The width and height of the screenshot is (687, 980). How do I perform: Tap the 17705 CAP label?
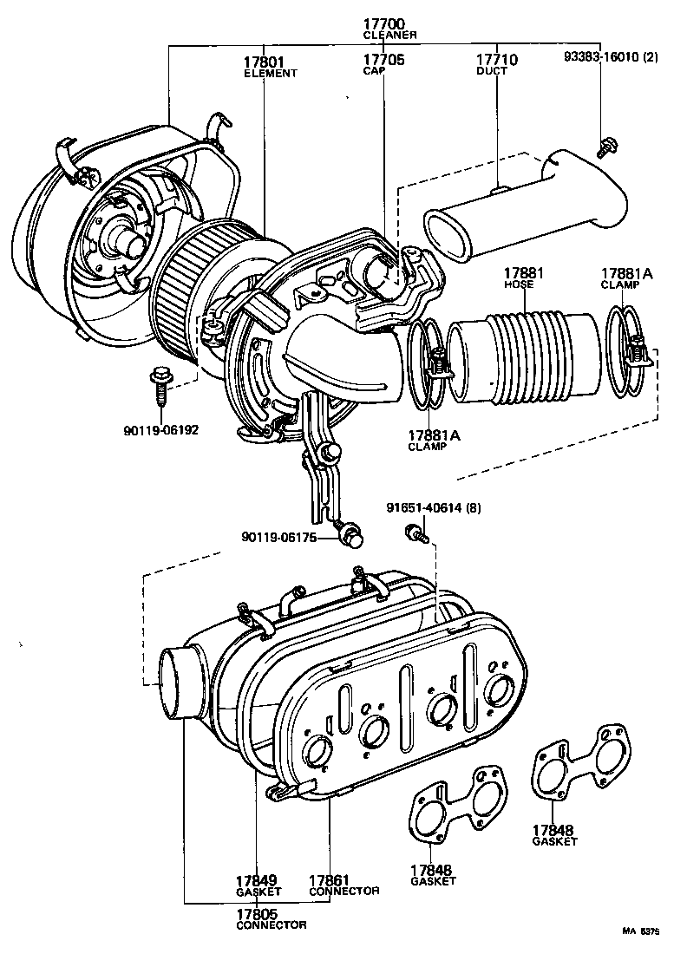point(383,65)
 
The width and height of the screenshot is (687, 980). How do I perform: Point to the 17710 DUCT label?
point(496,65)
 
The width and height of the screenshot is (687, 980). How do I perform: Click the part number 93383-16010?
point(621,58)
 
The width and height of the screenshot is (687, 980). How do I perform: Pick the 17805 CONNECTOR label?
point(271,918)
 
